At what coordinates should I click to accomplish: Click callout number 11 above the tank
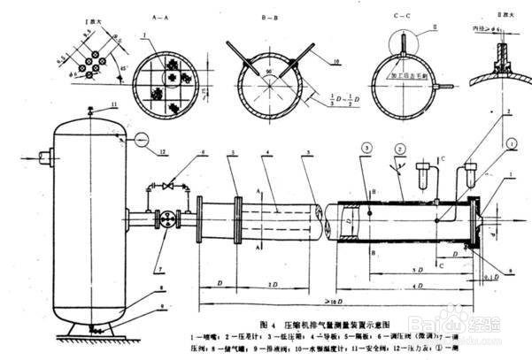pyautogui.click(x=114, y=104)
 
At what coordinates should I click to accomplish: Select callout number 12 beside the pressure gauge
pyautogui.click(x=163, y=153)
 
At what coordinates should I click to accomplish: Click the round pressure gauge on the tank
pyautogui.click(x=143, y=138)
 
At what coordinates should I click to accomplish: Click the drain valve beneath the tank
pyautogui.click(x=91, y=325)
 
